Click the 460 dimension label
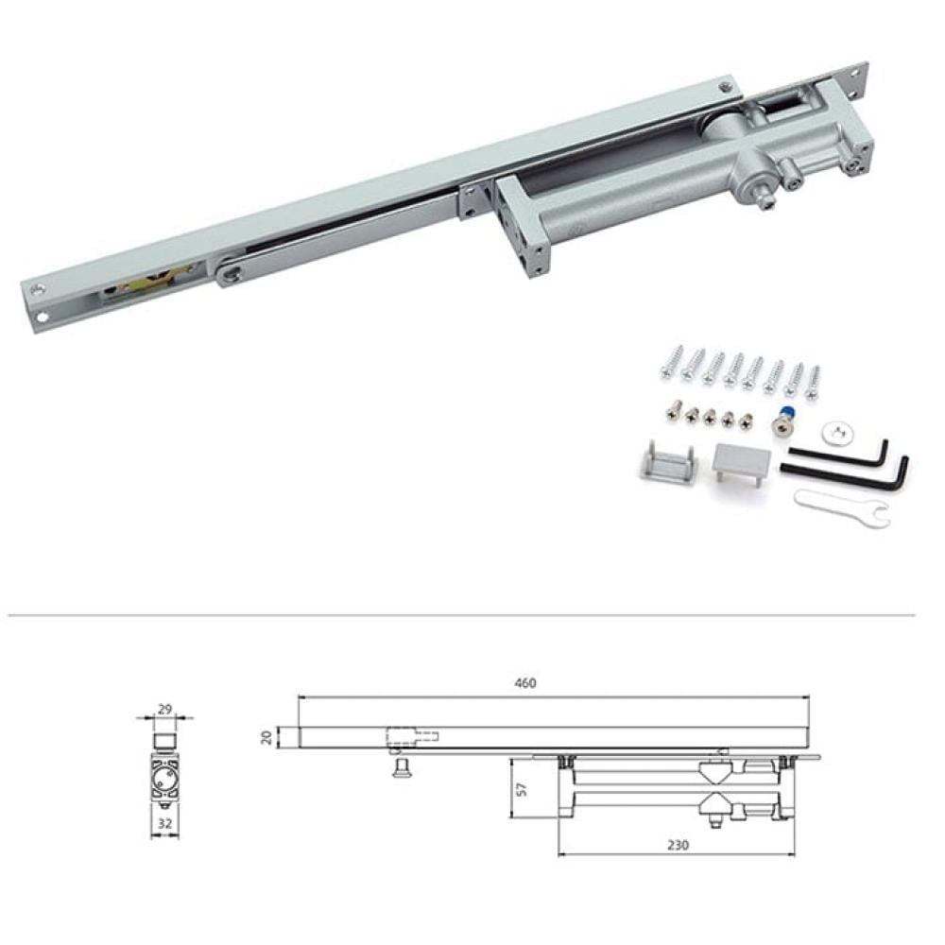(x=524, y=683)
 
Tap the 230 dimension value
(x=678, y=845)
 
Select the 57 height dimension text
(x=522, y=789)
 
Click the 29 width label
(x=164, y=709)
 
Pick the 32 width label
(x=164, y=823)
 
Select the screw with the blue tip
(x=782, y=421)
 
